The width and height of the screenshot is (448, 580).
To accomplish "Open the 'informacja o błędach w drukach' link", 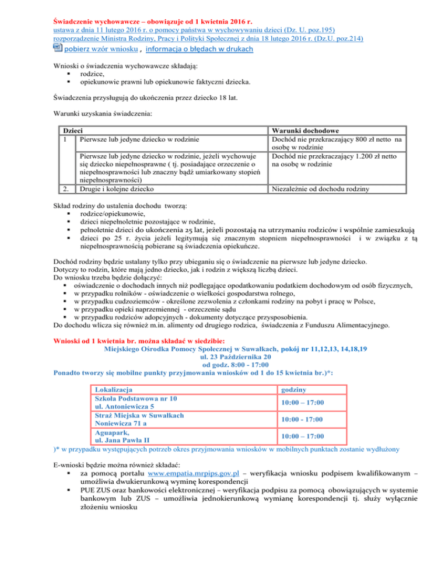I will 199,49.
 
